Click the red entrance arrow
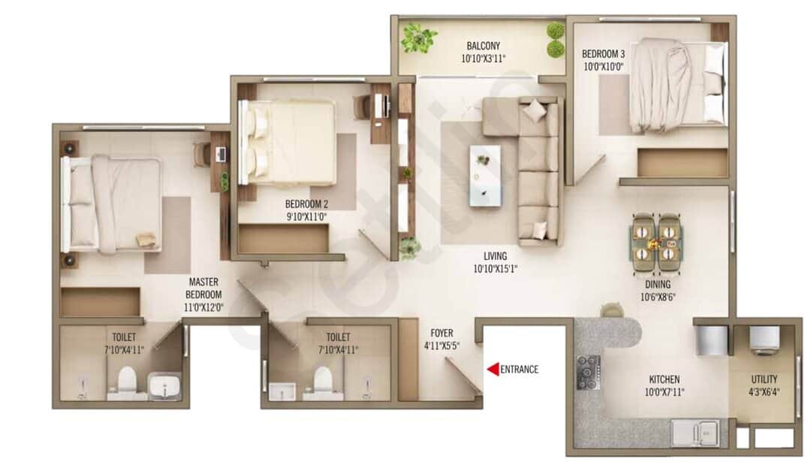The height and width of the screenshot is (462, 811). (493, 369)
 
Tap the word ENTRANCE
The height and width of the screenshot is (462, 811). (519, 369)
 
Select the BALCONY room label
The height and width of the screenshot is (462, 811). (483, 45)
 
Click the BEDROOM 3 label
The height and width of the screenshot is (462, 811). (603, 54)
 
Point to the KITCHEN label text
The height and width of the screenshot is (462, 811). (664, 379)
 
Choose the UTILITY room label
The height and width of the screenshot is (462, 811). (764, 379)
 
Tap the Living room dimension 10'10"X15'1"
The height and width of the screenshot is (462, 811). (496, 267)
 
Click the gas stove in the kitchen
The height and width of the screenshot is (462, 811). (588, 372)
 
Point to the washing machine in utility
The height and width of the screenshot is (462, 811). (765, 340)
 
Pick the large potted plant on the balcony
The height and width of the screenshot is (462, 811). (418, 38)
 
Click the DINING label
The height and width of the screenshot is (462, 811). (657, 285)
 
